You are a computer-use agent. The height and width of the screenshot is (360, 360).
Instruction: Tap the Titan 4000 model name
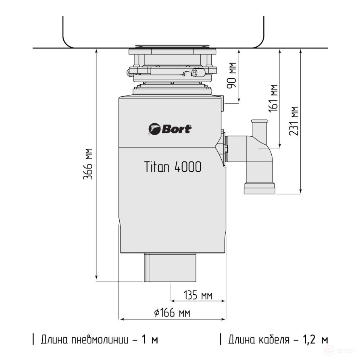click(173, 167)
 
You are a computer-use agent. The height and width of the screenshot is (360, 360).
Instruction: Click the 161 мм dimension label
click(273, 98)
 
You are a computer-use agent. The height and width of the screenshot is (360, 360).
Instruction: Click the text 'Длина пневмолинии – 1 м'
click(99, 339)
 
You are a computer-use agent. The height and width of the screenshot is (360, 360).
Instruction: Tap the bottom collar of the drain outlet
click(260, 188)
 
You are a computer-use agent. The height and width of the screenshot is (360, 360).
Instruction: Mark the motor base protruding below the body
click(170, 268)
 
